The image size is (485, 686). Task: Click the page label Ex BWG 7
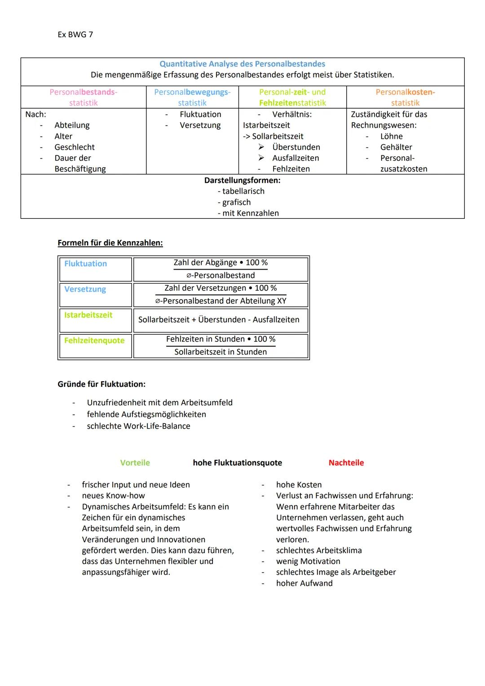tap(75, 35)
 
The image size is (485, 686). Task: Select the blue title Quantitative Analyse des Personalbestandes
tap(242, 64)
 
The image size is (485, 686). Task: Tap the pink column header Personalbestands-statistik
tap(83, 97)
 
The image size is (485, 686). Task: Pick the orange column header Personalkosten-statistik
tap(405, 97)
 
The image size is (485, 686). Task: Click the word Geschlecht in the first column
tap(75, 147)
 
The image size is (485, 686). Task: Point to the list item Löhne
tap(391, 136)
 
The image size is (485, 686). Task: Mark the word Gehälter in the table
tap(396, 147)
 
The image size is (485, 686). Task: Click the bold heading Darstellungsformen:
tap(242, 180)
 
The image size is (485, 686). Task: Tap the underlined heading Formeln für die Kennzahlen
tap(110, 243)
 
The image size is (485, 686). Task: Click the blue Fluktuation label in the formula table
tap(85, 264)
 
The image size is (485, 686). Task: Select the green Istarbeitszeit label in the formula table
tap(88, 315)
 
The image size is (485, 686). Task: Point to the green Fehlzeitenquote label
tap(94, 341)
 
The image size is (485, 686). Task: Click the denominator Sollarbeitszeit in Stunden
tap(220, 352)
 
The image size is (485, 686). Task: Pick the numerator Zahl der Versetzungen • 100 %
tap(220, 288)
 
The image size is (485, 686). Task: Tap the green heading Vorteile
tap(135, 463)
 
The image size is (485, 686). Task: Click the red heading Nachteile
tap(346, 463)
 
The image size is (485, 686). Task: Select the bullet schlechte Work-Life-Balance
tap(138, 426)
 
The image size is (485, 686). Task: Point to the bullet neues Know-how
tap(113, 496)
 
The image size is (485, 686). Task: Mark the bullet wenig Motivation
tap(308, 561)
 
